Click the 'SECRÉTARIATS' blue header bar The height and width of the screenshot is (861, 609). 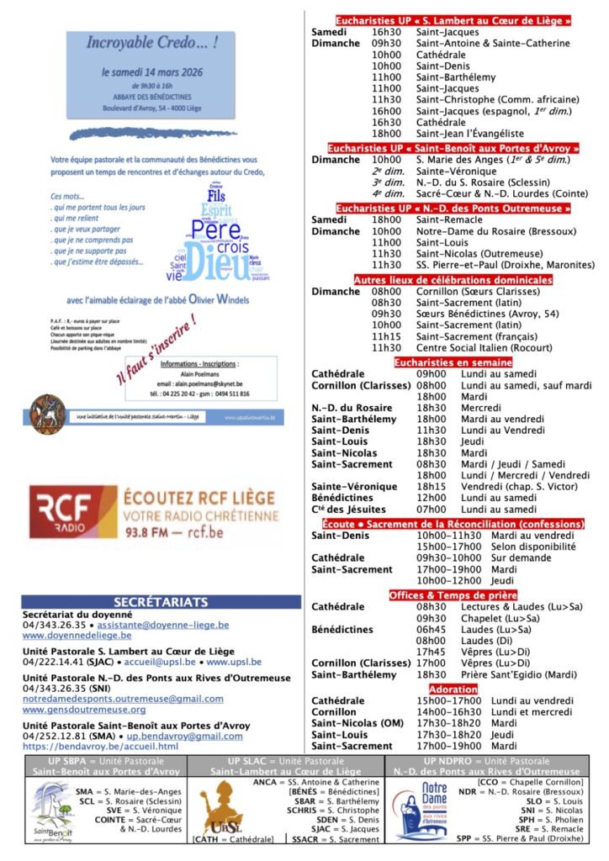click(x=160, y=602)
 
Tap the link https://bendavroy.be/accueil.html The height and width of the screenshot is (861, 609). click(x=100, y=746)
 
